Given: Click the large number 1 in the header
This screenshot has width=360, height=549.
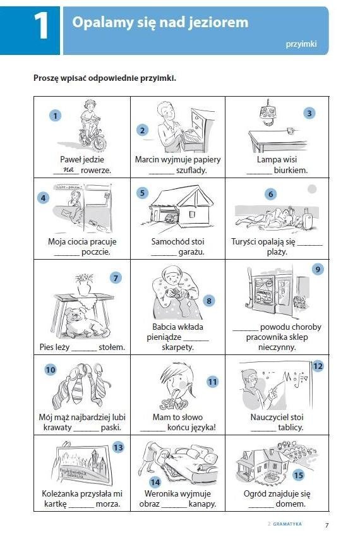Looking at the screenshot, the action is (41, 26).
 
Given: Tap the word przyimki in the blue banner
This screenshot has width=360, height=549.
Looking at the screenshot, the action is (301, 44).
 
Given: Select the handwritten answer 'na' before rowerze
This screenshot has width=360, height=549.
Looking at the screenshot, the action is (68, 169).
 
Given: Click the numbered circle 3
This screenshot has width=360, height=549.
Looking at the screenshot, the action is (309, 113).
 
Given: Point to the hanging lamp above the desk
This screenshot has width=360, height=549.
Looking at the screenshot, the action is (268, 113).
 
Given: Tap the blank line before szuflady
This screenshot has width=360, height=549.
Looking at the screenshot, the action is (162, 173).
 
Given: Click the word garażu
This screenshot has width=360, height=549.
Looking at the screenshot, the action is (191, 251).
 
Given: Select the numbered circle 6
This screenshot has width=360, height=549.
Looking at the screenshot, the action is (271, 194).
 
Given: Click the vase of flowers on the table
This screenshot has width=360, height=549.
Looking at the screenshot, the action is (84, 284).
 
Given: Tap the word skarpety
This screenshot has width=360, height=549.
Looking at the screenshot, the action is (177, 347).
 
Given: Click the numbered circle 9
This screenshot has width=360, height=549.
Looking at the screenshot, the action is (318, 269).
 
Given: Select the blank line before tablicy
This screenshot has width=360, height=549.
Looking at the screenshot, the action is (264, 430).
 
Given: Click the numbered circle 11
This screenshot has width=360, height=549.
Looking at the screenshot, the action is (213, 382).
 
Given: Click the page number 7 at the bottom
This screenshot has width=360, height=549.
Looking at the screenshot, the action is (327, 525).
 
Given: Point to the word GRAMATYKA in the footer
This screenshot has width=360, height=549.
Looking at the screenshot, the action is (287, 524).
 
